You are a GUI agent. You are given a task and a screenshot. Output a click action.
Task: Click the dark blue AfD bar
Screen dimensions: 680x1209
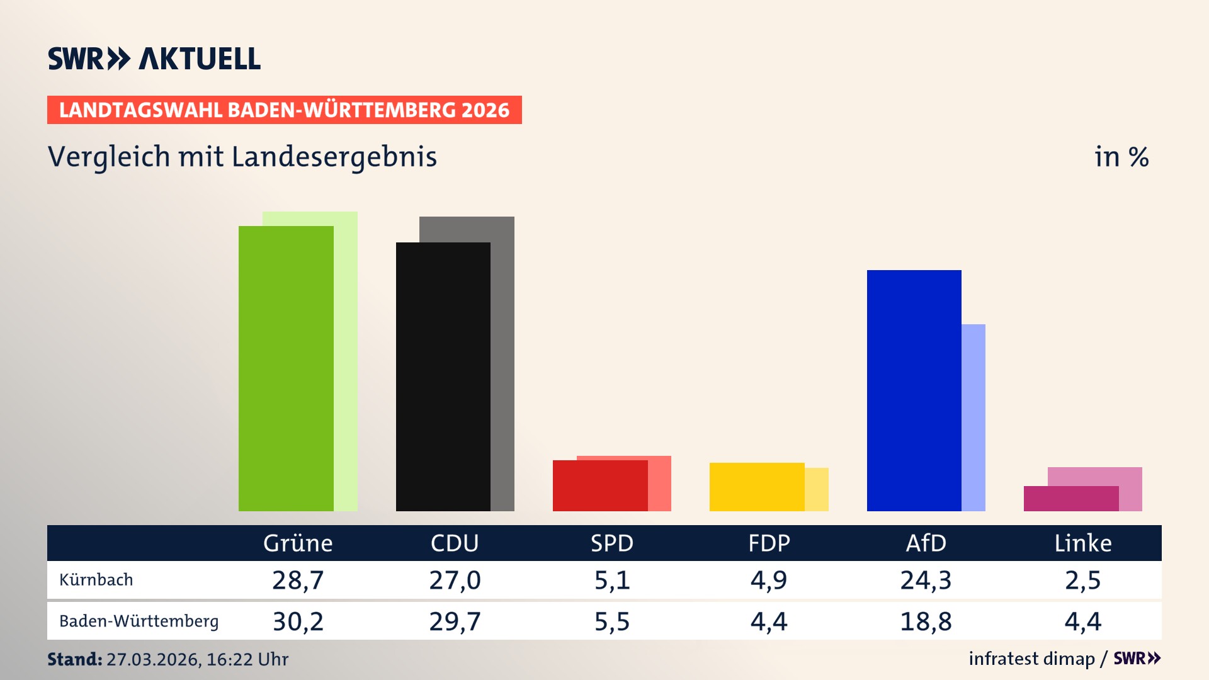914,390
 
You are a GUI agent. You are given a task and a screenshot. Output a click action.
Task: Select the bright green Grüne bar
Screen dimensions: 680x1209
286,368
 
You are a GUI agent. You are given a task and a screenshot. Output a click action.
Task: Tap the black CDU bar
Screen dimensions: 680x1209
443,377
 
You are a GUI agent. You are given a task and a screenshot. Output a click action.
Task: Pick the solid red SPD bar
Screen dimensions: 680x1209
600,485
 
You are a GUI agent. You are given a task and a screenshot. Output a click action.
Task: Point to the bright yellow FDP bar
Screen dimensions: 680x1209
757,487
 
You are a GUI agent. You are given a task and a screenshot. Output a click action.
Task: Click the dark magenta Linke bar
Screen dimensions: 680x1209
1070,499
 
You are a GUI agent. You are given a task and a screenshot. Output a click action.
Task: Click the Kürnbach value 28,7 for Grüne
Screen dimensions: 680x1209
298,580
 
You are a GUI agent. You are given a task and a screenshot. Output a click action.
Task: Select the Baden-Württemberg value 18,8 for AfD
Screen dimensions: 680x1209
926,621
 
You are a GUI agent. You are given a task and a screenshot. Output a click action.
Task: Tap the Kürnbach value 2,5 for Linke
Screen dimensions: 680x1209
1082,580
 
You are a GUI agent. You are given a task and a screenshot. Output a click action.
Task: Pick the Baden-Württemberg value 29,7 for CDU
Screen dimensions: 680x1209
455,621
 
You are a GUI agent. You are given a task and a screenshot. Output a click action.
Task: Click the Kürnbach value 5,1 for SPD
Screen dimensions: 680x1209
612,580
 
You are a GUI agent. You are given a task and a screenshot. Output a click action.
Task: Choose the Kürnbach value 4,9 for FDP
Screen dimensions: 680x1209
768,580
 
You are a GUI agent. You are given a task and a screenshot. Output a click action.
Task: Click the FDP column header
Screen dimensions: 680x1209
769,543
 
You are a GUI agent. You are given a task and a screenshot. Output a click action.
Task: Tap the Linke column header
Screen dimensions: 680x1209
1083,543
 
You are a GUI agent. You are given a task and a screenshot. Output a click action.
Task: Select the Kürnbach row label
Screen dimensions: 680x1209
96,580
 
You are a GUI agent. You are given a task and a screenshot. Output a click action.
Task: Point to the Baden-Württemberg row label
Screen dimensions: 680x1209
139,621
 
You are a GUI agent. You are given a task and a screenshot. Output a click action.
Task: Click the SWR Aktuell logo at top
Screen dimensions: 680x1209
154,59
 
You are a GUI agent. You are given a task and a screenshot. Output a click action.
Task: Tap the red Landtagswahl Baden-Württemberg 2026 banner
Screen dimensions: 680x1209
284,110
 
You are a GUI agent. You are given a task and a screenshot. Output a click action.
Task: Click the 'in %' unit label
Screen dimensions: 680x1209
1121,157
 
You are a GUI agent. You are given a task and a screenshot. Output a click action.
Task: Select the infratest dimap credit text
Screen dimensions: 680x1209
1031,659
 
